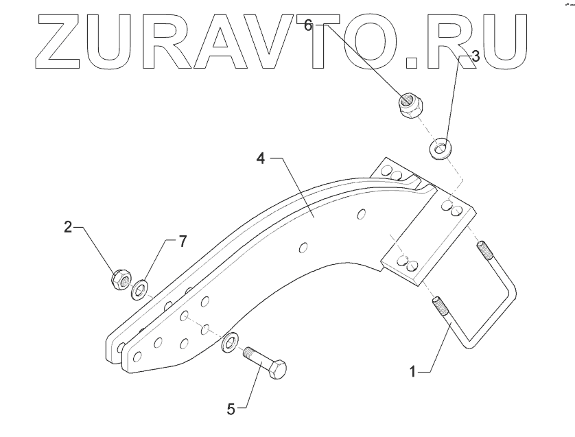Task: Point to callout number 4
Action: tap(260, 159)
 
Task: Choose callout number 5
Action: tap(231, 409)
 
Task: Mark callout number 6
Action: tap(308, 25)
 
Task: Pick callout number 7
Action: tap(182, 241)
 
